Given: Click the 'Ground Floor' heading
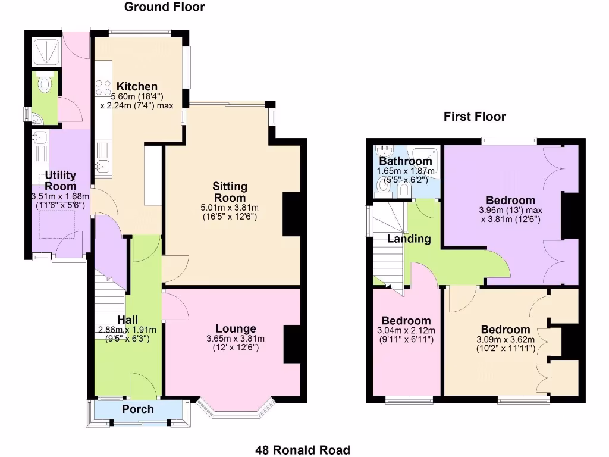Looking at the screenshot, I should (x=164, y=7).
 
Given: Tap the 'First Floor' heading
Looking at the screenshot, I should (x=475, y=117).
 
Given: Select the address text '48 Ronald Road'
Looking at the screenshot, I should (x=303, y=450).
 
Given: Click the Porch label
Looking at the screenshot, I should (x=138, y=409).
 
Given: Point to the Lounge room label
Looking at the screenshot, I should (x=236, y=328).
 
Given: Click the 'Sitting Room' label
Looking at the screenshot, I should (x=230, y=192).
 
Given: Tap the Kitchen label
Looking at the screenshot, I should (x=137, y=86).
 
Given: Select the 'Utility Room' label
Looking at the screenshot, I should (x=61, y=180).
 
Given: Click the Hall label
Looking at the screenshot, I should (x=127, y=320).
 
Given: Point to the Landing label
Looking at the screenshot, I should (x=409, y=239).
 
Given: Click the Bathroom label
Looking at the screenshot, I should (x=406, y=161).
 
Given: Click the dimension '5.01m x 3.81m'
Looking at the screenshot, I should (x=230, y=208).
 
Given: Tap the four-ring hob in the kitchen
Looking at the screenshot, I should (x=103, y=88).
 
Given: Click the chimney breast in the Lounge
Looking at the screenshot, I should (x=291, y=344).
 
